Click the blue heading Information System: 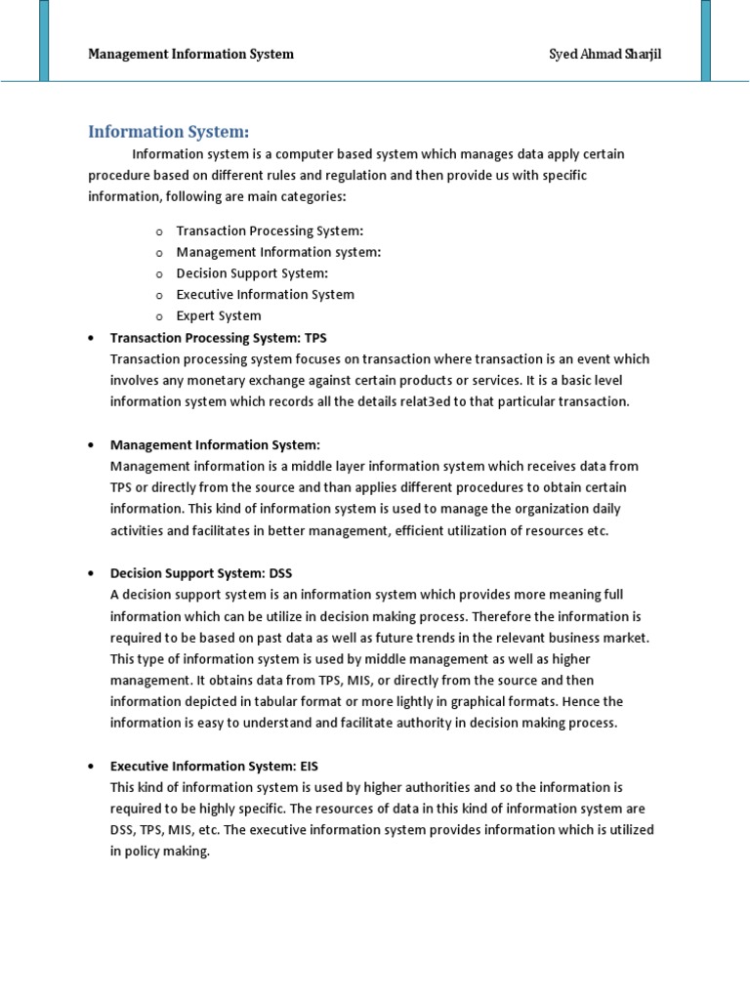[x=169, y=131]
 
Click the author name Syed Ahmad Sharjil [x=604, y=54]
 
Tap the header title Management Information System [x=190, y=54]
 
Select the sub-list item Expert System [x=219, y=315]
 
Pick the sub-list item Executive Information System [x=265, y=294]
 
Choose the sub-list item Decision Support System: [x=252, y=273]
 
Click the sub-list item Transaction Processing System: [x=270, y=230]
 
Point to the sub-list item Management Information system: [x=278, y=252]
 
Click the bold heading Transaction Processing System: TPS [x=219, y=337]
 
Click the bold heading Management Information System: [x=215, y=444]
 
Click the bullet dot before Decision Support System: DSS [x=91, y=573]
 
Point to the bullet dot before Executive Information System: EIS [x=91, y=766]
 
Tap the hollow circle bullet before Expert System [x=158, y=316]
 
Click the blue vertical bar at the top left [x=44, y=39]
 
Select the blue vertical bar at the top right [x=705, y=39]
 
